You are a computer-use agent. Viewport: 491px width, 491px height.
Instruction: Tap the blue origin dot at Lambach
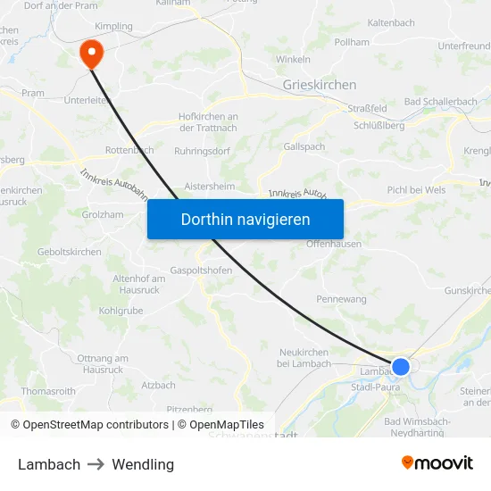[x=401, y=366]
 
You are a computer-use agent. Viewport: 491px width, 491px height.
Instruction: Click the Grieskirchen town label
[x=319, y=85]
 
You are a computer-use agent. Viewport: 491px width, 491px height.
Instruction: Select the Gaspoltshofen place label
[x=202, y=270]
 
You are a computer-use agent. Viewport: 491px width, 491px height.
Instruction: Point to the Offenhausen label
[x=333, y=244]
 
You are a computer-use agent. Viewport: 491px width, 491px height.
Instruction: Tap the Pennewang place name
[x=342, y=299]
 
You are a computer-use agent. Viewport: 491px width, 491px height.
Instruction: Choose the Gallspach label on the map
[x=304, y=146]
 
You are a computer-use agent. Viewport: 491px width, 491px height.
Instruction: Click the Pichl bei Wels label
[x=416, y=190]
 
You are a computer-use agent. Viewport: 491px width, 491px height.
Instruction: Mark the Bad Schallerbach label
[x=441, y=102]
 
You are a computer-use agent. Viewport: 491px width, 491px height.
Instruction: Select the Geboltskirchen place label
[x=70, y=253]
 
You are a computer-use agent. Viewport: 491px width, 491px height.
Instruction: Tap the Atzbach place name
[x=159, y=386]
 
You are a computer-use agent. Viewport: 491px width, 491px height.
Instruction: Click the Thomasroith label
[x=48, y=391]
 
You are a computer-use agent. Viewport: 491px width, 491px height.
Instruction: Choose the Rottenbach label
[x=129, y=150]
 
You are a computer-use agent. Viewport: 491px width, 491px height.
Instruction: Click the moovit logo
[x=437, y=462]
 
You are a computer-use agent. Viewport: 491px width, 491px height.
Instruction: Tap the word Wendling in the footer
[x=143, y=464]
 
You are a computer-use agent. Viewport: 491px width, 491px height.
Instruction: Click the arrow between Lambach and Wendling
[x=96, y=464]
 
